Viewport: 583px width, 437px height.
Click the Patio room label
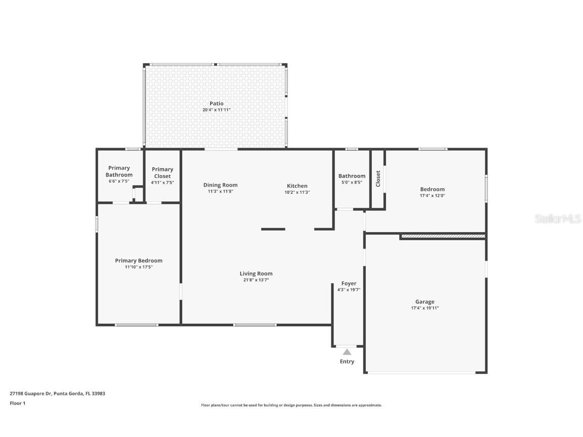[x=217, y=103]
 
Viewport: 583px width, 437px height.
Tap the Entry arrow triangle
[x=347, y=352]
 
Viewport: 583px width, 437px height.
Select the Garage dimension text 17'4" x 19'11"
[x=425, y=308]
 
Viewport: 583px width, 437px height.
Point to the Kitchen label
[x=297, y=186]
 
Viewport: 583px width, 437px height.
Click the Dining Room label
[x=220, y=185]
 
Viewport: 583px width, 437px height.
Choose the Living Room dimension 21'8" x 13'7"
[x=256, y=280]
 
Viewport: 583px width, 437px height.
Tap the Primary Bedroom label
[x=139, y=260]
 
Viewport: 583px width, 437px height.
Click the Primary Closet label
[x=162, y=172]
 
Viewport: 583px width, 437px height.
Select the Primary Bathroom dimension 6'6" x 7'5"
[x=119, y=181]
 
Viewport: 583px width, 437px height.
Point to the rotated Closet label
[x=378, y=179]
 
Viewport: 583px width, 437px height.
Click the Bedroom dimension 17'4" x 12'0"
[x=432, y=195]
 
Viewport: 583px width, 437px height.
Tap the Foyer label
[x=349, y=283]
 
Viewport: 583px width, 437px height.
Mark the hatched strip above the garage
[x=443, y=236]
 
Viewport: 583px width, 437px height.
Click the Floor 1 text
[x=17, y=403]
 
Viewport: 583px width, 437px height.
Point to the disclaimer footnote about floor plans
[x=291, y=405]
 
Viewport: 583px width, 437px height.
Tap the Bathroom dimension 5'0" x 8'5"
[x=352, y=182]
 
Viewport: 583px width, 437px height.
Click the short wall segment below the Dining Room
[x=273, y=229]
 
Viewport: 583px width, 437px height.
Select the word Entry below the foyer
[x=347, y=362]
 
